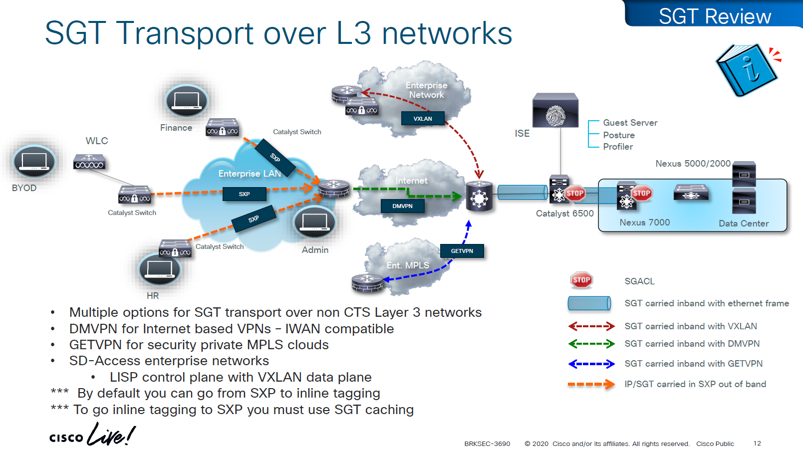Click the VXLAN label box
pos(423,119)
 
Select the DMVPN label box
pos(402,206)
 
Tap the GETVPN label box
pos(462,251)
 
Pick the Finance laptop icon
pos(187,100)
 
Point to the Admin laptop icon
pos(314,222)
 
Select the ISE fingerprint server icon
pos(555,110)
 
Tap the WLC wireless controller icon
pos(89,162)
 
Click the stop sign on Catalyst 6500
pos(575,194)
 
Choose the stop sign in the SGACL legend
pos(581,280)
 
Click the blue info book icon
pos(747,70)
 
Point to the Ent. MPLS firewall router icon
pos(367,283)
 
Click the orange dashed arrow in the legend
pos(591,384)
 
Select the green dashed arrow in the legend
pos(591,344)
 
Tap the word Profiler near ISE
pos(618,147)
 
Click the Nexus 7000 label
pos(644,223)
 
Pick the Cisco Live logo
pos(92,435)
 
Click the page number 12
pos(757,443)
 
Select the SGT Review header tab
pos(714,16)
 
